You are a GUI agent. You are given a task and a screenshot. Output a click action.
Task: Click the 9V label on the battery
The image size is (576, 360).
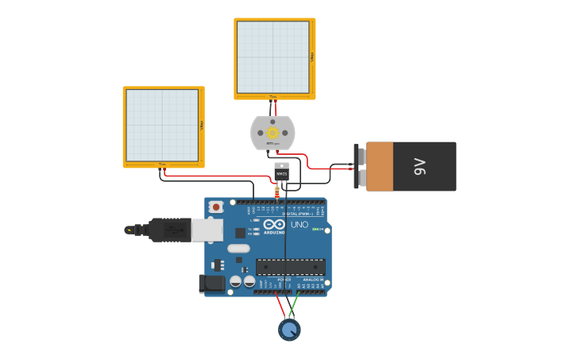pos(419,166)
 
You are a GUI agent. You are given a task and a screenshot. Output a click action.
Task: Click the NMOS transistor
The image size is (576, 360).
pos(281,171)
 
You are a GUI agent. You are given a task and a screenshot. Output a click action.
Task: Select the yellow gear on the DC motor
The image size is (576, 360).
pos(273,133)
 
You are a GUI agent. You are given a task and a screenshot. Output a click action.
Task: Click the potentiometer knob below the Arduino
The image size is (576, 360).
pos(290,329)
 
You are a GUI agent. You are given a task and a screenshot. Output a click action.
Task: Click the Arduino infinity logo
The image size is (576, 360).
pos(273,225)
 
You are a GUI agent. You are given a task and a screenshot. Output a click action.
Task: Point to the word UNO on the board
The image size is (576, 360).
pos(300,225)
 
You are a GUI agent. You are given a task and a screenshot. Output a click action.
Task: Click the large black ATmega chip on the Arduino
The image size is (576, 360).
pos(290,267)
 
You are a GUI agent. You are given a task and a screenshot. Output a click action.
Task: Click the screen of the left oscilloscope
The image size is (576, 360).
pos(162,126)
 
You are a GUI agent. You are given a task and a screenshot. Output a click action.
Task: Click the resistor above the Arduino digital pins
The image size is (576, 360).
pos(276,190)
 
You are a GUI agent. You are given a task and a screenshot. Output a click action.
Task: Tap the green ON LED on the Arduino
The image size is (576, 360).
pos(316,230)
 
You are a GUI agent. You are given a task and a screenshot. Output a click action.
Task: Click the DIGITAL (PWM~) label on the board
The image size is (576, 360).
pos(297,215)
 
